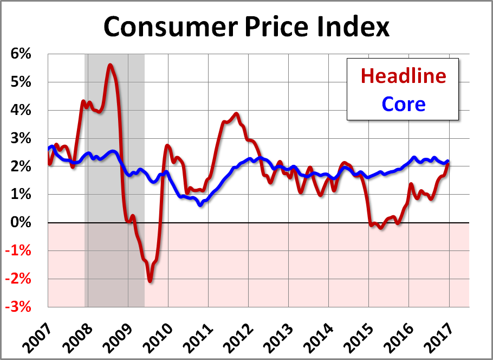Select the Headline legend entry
[x=403, y=76]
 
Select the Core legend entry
[x=403, y=104]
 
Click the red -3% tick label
[x=20, y=307]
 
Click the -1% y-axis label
[x=20, y=251]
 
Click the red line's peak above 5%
[x=110, y=66]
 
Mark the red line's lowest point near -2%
[x=150, y=280]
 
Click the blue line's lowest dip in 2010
[x=200, y=204]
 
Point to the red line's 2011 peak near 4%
[x=236, y=114]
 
